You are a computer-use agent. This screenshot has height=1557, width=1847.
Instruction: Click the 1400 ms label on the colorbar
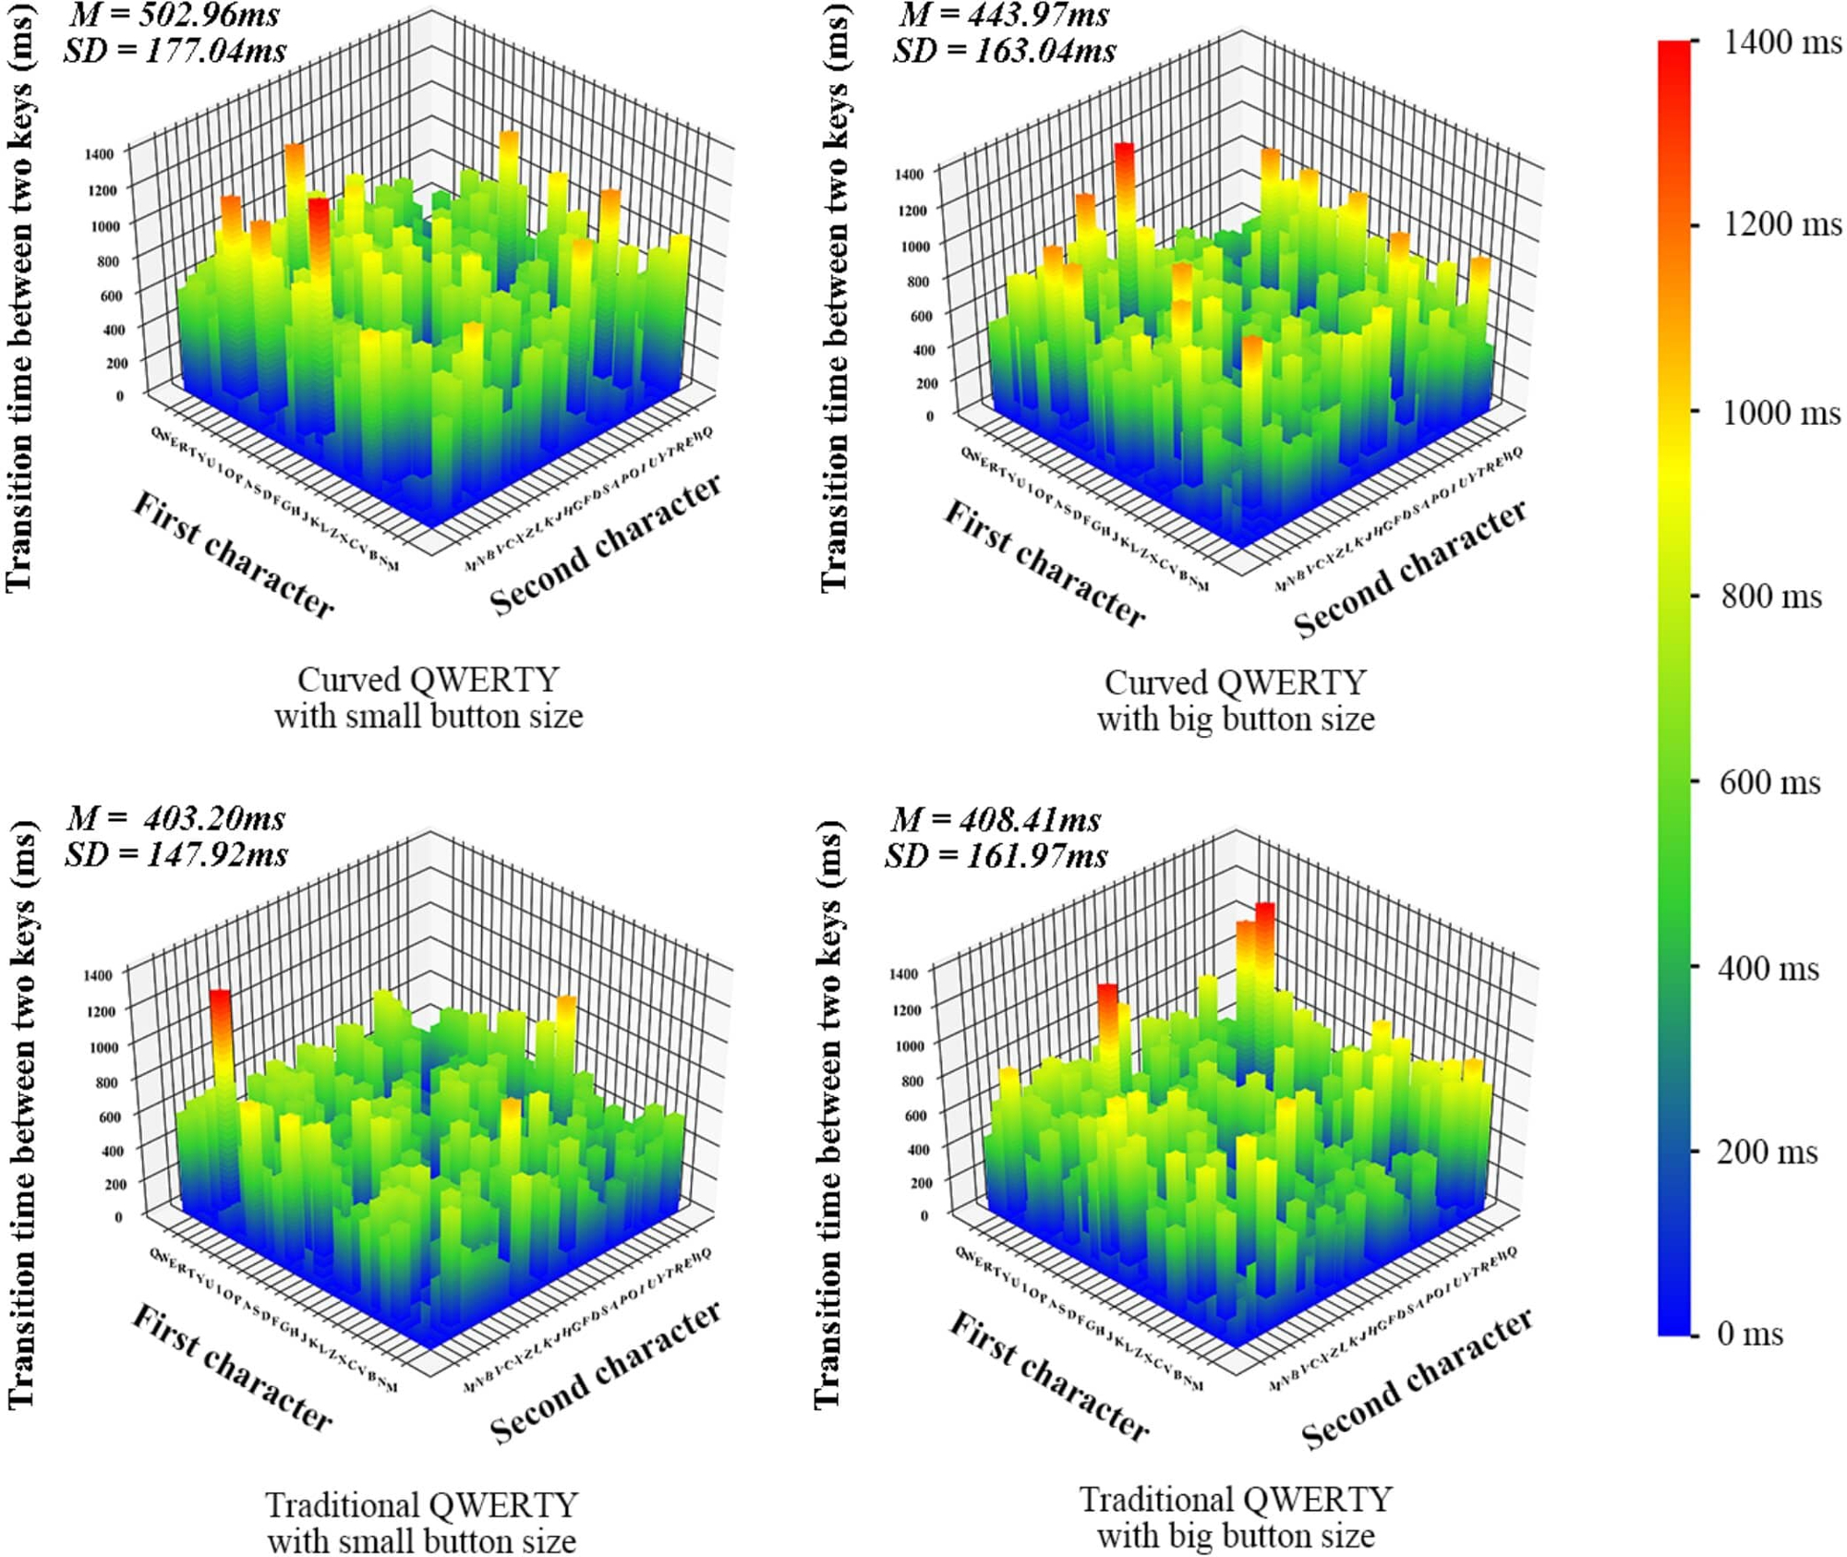[1781, 42]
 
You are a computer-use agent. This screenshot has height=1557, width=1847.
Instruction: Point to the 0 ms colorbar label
[1749, 1334]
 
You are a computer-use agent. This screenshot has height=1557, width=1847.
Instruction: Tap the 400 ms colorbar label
[1768, 968]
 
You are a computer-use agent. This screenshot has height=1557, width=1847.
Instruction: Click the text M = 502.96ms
[174, 15]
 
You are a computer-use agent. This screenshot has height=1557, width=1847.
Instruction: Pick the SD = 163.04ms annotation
[1004, 50]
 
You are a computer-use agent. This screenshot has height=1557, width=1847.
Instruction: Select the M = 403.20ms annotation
[175, 818]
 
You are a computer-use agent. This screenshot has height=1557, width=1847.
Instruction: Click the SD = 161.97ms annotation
[996, 856]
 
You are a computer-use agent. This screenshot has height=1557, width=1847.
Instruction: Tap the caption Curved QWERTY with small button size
[429, 698]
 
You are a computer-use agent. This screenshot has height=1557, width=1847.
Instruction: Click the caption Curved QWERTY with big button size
[1236, 701]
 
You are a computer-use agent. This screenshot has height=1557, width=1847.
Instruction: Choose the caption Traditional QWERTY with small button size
[422, 1523]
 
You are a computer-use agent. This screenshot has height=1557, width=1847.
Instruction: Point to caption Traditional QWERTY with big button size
[1236, 1517]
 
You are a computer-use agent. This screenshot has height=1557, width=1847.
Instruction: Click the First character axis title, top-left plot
[234, 554]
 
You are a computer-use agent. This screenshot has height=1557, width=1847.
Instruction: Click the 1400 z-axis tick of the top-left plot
[99, 153]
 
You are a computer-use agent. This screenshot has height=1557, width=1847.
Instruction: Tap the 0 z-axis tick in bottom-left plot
[118, 1216]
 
